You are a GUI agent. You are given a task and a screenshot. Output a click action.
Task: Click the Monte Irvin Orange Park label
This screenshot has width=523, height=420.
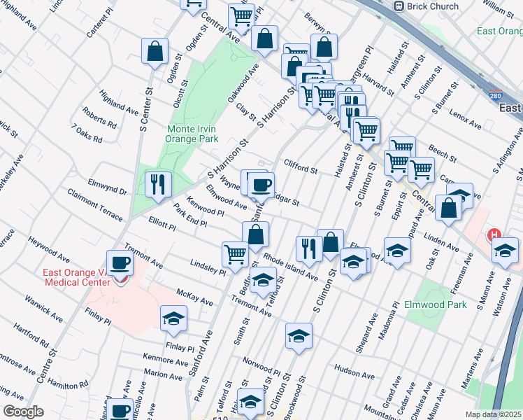pyautogui.click(x=190, y=134)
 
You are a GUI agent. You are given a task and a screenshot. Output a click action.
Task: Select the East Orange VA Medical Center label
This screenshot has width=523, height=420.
pyautogui.click(x=77, y=277)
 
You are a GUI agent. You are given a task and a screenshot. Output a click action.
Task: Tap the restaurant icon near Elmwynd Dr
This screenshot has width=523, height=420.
pyautogui.click(x=158, y=184)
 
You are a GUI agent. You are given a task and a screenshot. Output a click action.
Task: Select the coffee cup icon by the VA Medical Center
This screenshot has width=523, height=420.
pyautogui.click(x=120, y=262)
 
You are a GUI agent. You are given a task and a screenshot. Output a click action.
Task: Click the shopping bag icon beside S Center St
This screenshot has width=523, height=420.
pyautogui.click(x=155, y=50)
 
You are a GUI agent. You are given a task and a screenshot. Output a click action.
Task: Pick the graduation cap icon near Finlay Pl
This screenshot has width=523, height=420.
pyautogui.click(x=173, y=318)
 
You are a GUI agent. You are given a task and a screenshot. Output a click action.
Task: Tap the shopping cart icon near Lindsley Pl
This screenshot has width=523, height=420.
pyautogui.click(x=235, y=254)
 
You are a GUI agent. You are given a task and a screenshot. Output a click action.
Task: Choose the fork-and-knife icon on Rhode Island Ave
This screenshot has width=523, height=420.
pyautogui.click(x=308, y=248)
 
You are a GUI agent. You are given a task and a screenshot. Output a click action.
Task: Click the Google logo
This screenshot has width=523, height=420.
pyautogui.click(x=22, y=412)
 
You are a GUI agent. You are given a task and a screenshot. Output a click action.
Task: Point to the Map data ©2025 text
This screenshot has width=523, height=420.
pyautogui.click(x=494, y=414)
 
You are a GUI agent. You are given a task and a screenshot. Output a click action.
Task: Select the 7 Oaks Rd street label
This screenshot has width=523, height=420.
pyautogui.click(x=87, y=134)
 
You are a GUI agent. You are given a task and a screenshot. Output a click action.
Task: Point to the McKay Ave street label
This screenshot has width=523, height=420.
pyautogui.click(x=194, y=297)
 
